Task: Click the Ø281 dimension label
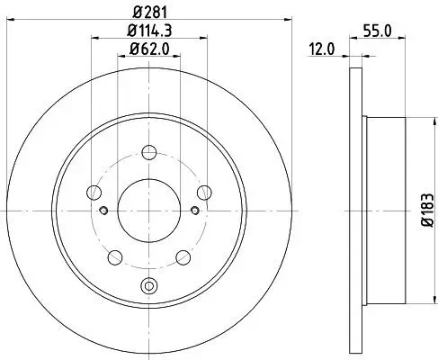(149, 11)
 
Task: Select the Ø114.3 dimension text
(149, 31)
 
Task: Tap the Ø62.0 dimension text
(149, 50)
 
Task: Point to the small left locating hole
(105, 211)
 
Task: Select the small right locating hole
(193, 211)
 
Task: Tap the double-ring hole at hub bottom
(149, 287)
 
